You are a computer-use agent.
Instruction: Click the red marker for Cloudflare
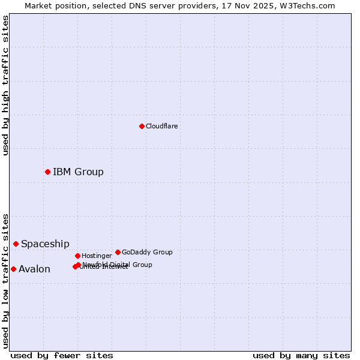pos(142,126)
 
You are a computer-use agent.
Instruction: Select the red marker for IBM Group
pos(47,172)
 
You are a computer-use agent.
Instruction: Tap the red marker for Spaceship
pos(16,244)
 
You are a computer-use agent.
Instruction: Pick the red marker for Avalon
pos(13,269)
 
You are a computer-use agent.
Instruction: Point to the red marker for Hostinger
pos(77,256)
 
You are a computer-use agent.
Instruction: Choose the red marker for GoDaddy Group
pos(118,252)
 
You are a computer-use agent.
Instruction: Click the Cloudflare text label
pos(162,126)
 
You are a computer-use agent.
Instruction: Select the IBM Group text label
pos(78,172)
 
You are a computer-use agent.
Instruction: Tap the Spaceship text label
pos(45,244)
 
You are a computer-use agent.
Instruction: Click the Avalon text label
pos(34,269)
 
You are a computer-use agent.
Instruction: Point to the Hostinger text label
pos(97,256)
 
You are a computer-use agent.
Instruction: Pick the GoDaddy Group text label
pos(147,252)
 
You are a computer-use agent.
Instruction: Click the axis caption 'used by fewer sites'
pos(62,355)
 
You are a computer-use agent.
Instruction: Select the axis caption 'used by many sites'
pos(301,355)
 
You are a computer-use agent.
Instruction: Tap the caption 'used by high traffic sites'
pos(5,85)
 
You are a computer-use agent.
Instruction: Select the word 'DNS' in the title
pos(134,5)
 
